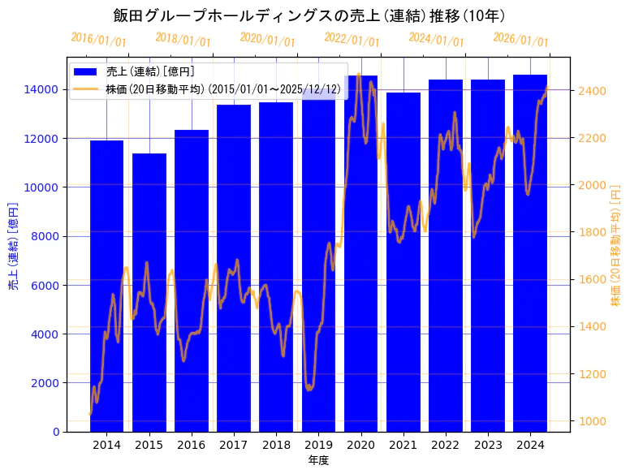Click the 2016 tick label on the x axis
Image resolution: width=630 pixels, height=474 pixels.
tap(192, 445)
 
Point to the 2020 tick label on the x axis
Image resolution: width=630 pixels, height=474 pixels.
tap(360, 445)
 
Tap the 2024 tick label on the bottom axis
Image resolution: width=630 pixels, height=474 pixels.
tap(530, 445)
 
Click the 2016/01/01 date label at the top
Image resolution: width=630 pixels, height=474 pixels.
tap(99, 40)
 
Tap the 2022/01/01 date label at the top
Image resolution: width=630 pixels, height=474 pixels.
tap(352, 39)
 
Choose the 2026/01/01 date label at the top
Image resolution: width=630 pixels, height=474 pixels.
tap(521, 40)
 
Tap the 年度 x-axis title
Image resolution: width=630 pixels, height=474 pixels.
tap(318, 461)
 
